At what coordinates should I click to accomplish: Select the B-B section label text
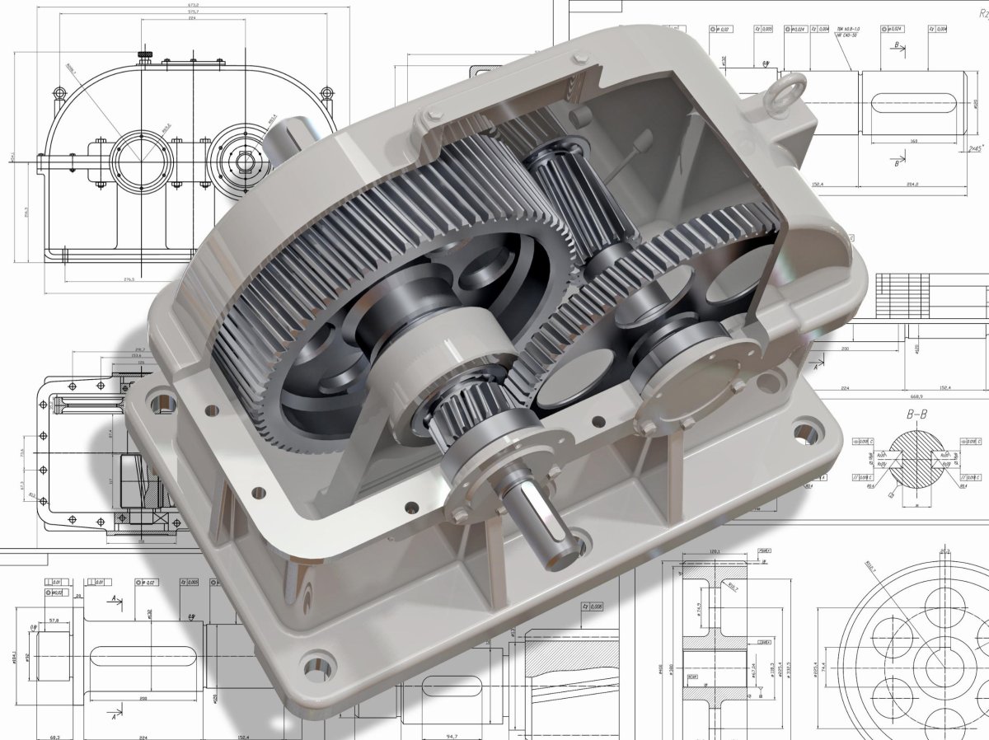[x=916, y=414]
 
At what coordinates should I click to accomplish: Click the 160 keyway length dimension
[x=913, y=141]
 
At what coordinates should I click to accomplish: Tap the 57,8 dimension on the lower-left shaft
[x=54, y=621]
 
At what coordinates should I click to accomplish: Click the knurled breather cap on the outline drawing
[x=145, y=55]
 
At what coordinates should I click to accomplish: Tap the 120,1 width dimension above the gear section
[x=714, y=552]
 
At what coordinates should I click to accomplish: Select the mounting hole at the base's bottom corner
[x=319, y=663]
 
